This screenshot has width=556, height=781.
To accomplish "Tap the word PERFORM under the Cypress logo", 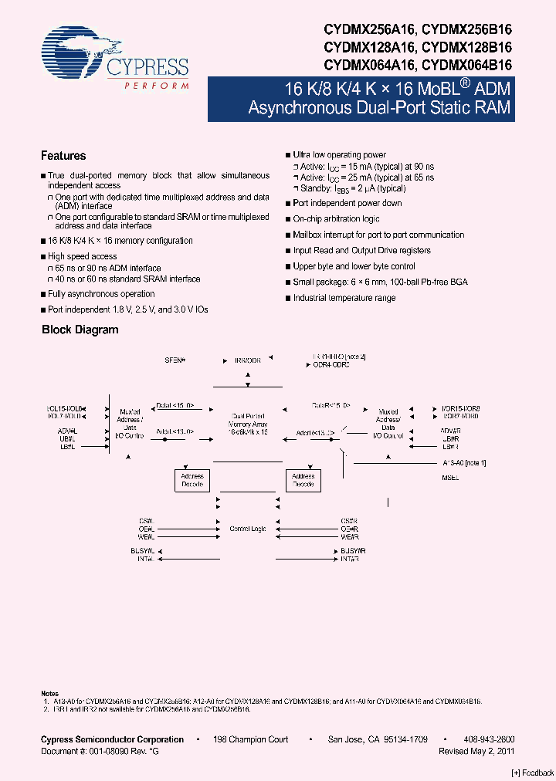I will pyautogui.click(x=157, y=85).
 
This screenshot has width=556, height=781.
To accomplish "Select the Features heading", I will pyautogui.click(x=63, y=156).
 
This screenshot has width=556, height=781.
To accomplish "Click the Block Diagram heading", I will pyautogui.click(x=80, y=330).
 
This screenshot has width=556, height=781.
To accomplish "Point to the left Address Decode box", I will pyautogui.click(x=192, y=481).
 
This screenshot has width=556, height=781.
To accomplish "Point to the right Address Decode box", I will pyautogui.click(x=303, y=481).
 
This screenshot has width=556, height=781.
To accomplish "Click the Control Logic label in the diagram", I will pyautogui.click(x=248, y=529).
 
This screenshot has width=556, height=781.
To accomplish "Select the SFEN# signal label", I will pyautogui.click(x=175, y=360).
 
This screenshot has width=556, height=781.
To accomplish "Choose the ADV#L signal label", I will pyautogui.click(x=67, y=431).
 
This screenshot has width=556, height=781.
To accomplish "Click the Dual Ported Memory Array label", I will pyautogui.click(x=248, y=424).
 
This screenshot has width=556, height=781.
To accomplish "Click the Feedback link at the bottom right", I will pyautogui.click(x=533, y=773).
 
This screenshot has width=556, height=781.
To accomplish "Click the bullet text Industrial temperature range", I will pyautogui.click(x=344, y=298).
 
